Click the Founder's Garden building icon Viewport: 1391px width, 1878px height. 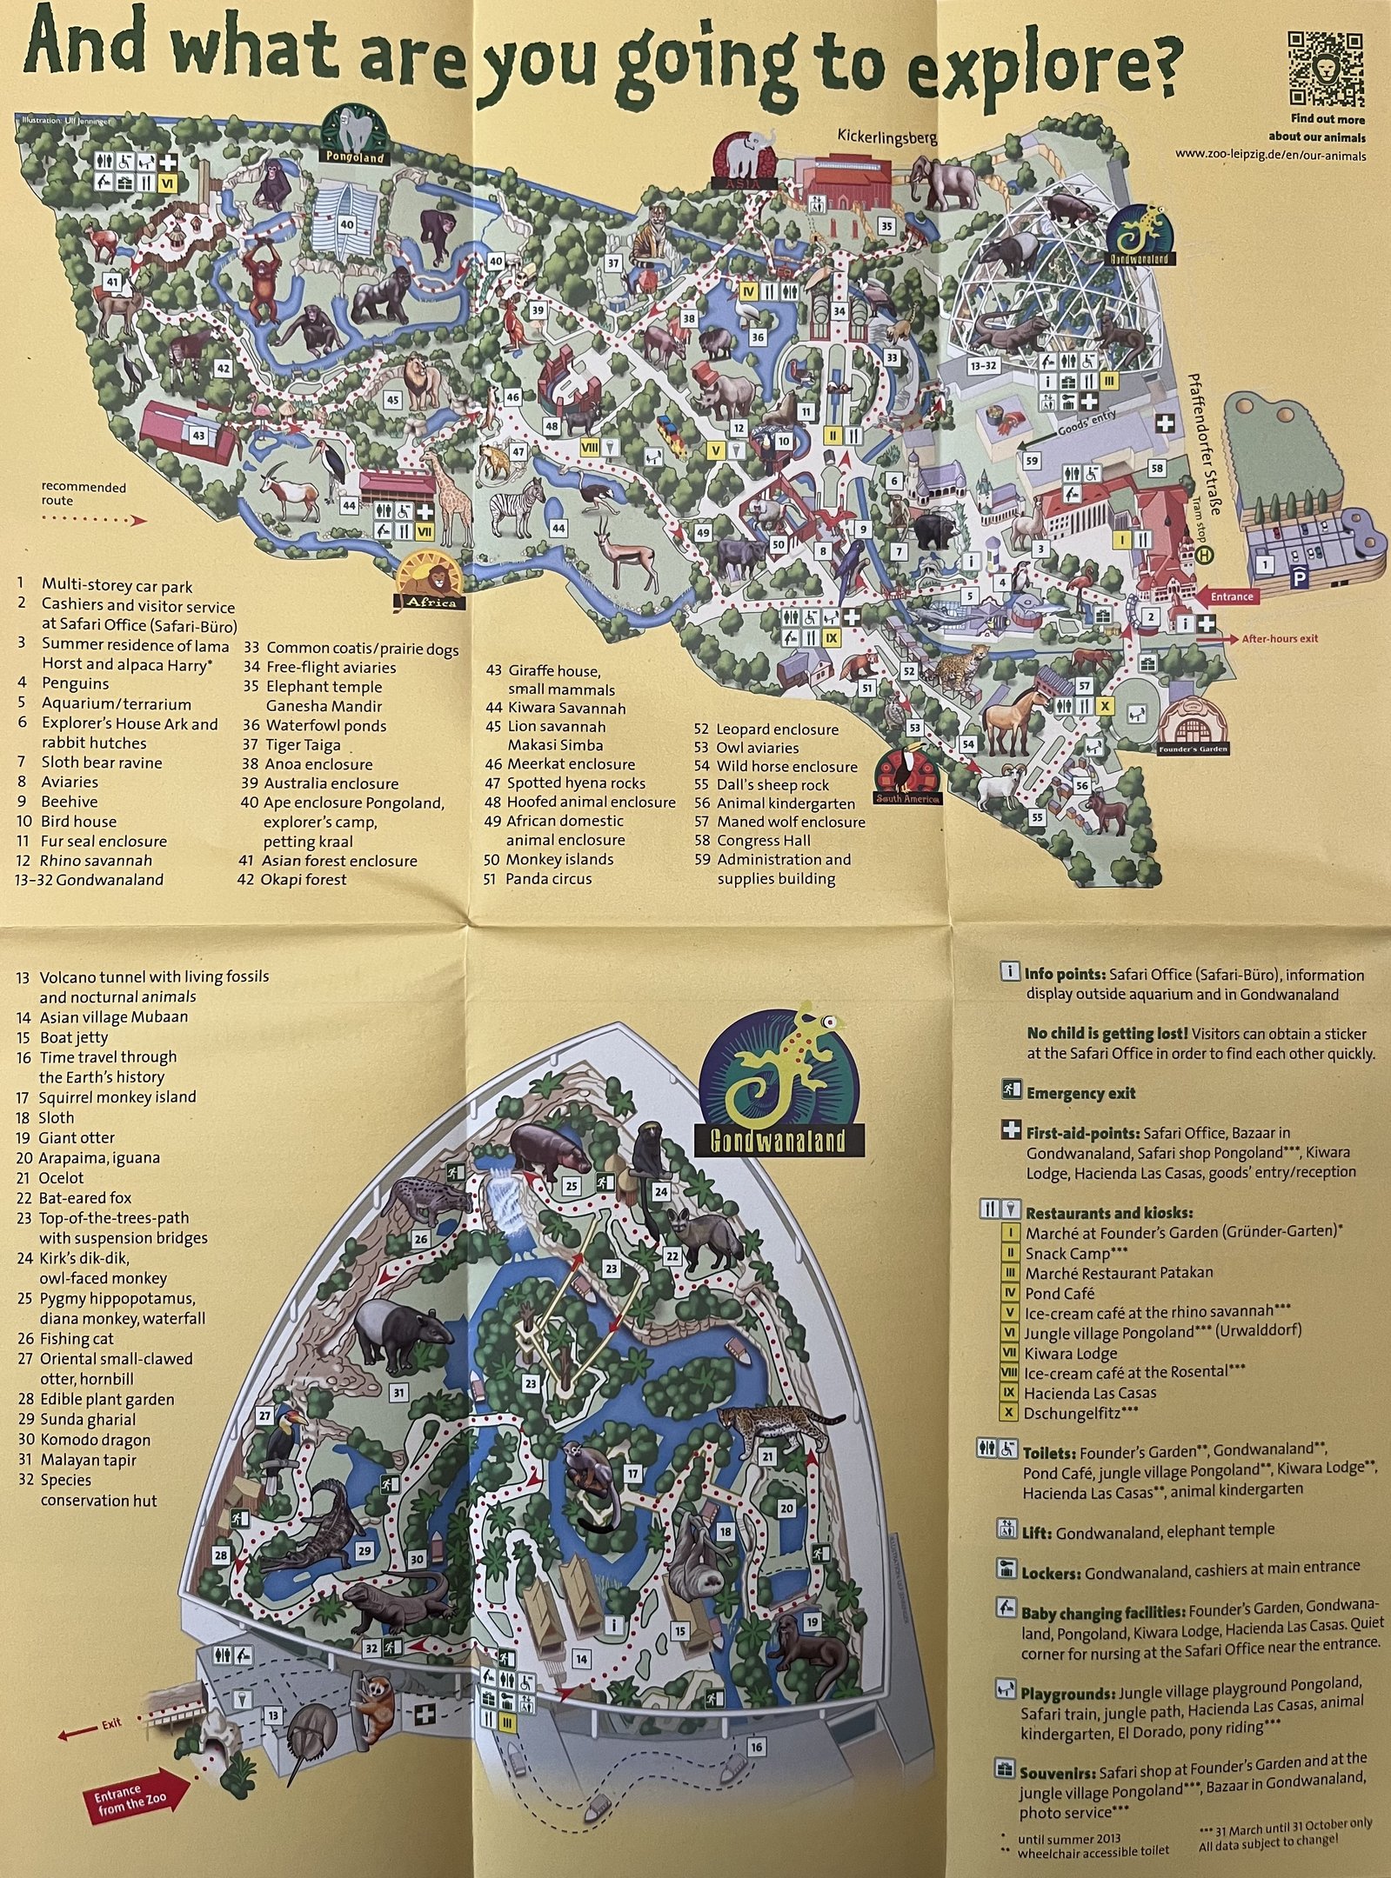tap(1190, 726)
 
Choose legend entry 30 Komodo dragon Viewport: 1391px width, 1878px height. tap(84, 1440)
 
